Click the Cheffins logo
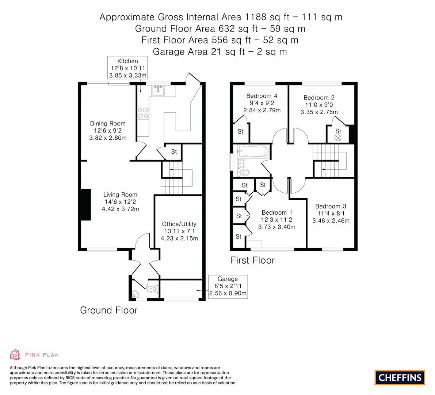(x=400, y=377)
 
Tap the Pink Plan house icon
(x=15, y=354)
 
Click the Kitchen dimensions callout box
(x=127, y=68)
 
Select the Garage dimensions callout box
(x=228, y=286)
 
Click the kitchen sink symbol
(x=158, y=91)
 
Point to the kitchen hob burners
(x=143, y=113)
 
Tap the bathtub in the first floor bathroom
(x=252, y=151)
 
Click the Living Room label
(x=120, y=195)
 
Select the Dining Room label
(x=108, y=124)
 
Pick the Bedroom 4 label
(x=262, y=96)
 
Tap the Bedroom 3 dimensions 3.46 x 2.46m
(x=331, y=221)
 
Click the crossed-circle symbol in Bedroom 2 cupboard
(x=338, y=138)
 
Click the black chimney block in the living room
(x=85, y=205)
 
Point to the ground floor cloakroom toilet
(x=151, y=289)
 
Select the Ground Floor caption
(x=109, y=311)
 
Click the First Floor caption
(x=252, y=260)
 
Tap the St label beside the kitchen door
(x=173, y=151)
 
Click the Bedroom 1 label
(x=276, y=212)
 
